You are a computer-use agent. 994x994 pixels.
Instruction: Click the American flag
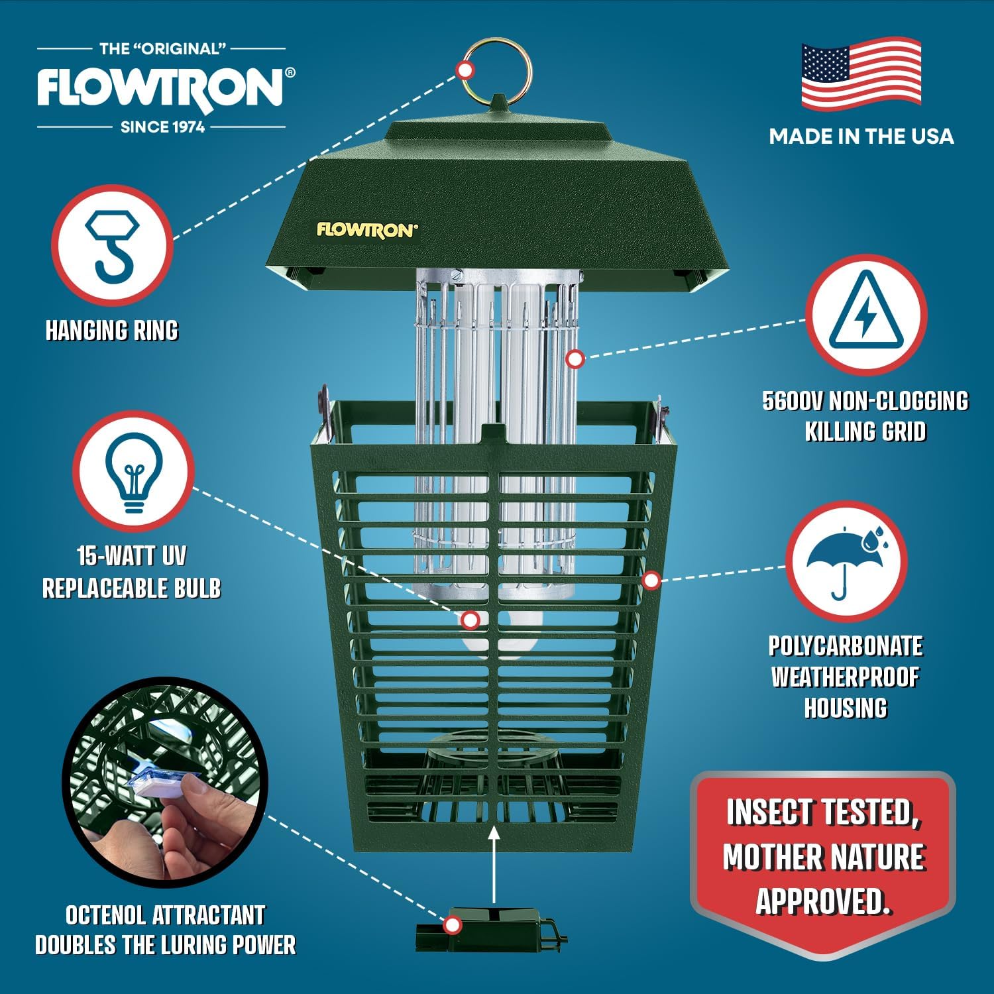861,74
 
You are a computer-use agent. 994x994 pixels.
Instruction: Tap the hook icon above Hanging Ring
113,245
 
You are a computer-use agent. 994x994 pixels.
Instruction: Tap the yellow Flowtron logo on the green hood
367,230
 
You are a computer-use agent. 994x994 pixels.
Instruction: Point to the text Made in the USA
861,137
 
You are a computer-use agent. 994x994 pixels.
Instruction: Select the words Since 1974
162,127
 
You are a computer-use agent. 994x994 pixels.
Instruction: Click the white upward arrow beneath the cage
494,863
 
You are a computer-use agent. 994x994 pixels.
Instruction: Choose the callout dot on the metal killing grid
575,359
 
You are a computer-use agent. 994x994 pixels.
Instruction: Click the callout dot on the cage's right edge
651,580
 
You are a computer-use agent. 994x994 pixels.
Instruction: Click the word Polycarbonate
846,646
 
